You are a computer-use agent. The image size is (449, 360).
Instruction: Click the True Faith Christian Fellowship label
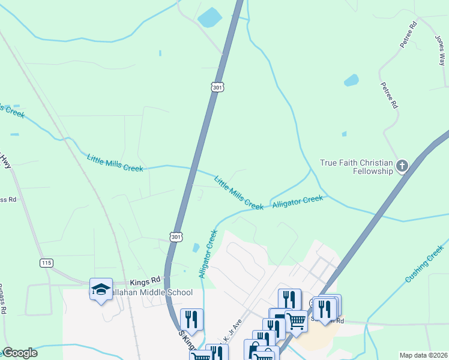(x=356, y=167)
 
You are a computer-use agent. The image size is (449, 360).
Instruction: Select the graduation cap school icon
(x=101, y=289)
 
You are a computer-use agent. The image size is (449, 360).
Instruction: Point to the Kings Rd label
(x=145, y=280)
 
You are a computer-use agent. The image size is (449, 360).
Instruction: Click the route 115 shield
(x=47, y=263)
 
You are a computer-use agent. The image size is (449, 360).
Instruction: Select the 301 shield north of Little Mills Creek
(x=217, y=88)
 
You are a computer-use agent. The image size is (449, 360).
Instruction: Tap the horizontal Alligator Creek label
(x=297, y=202)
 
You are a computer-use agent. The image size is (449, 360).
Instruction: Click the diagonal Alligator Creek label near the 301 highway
(x=207, y=253)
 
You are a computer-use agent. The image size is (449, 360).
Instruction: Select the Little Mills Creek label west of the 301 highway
(x=115, y=163)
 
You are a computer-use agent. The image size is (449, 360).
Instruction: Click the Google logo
(x=20, y=353)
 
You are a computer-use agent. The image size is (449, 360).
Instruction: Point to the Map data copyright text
(x=423, y=355)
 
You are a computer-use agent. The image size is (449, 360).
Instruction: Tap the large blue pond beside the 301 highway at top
(x=208, y=17)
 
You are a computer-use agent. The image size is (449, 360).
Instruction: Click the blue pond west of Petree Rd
(x=351, y=80)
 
